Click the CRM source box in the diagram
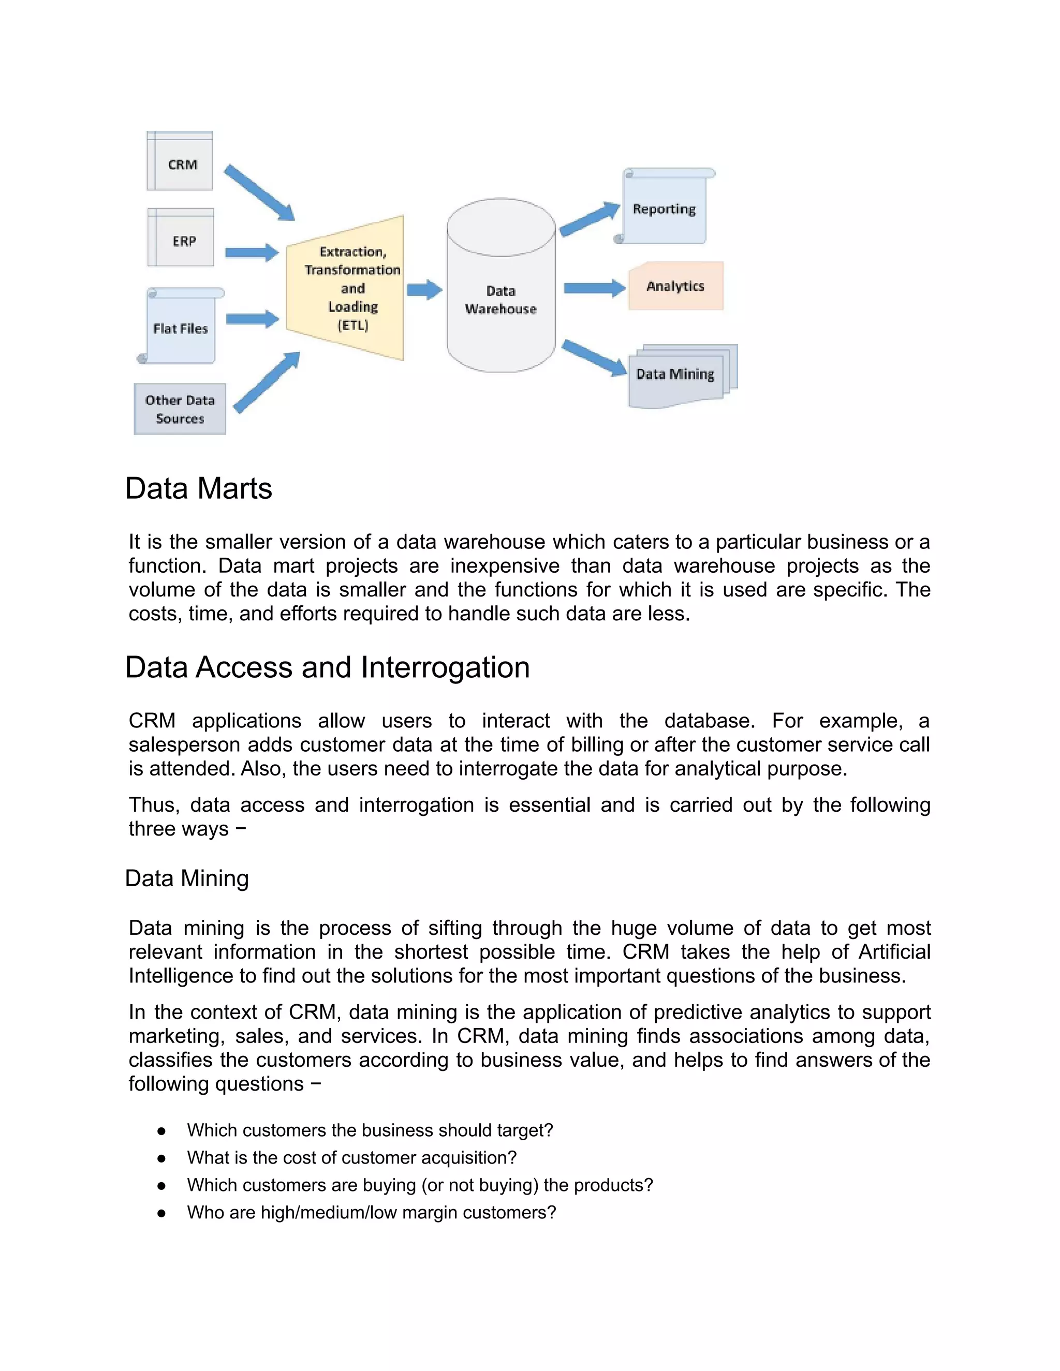180,162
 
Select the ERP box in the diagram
181,239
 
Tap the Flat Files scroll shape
181,327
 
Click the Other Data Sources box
180,409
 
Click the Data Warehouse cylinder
500,295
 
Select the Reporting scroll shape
665,209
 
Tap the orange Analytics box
675,286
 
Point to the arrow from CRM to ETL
259,191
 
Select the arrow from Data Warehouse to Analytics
594,288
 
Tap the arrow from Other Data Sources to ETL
267,382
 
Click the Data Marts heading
198,488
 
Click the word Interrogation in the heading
445,667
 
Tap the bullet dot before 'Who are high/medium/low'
161,1213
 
